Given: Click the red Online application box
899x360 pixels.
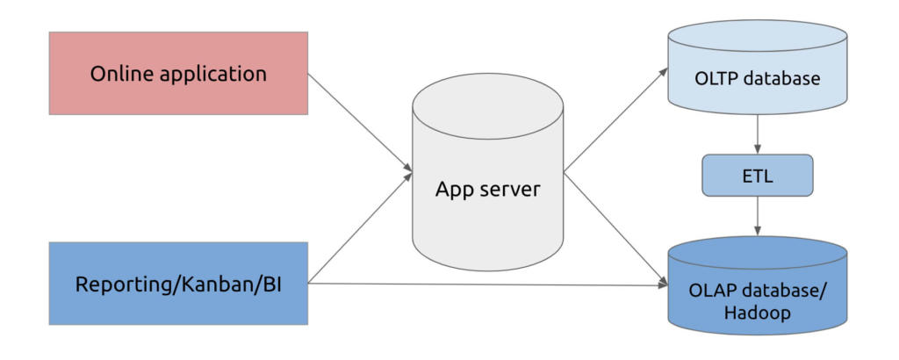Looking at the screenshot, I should [179, 74].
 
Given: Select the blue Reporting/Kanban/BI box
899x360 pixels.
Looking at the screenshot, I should [179, 284].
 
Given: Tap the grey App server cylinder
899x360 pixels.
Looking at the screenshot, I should [487, 189].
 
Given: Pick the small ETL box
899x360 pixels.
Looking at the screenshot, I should [756, 176].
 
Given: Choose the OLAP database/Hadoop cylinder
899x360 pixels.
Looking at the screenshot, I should [756, 290].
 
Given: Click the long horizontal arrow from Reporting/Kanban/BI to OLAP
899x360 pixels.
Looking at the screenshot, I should [483, 284].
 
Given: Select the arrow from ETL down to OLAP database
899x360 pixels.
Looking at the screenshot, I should [756, 216].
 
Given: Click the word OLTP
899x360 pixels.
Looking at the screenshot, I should [716, 78].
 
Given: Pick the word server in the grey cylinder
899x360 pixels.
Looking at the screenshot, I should [510, 189].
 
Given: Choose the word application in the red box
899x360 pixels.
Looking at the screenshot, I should [212, 75].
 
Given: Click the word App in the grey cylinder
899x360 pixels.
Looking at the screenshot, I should [456, 190].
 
